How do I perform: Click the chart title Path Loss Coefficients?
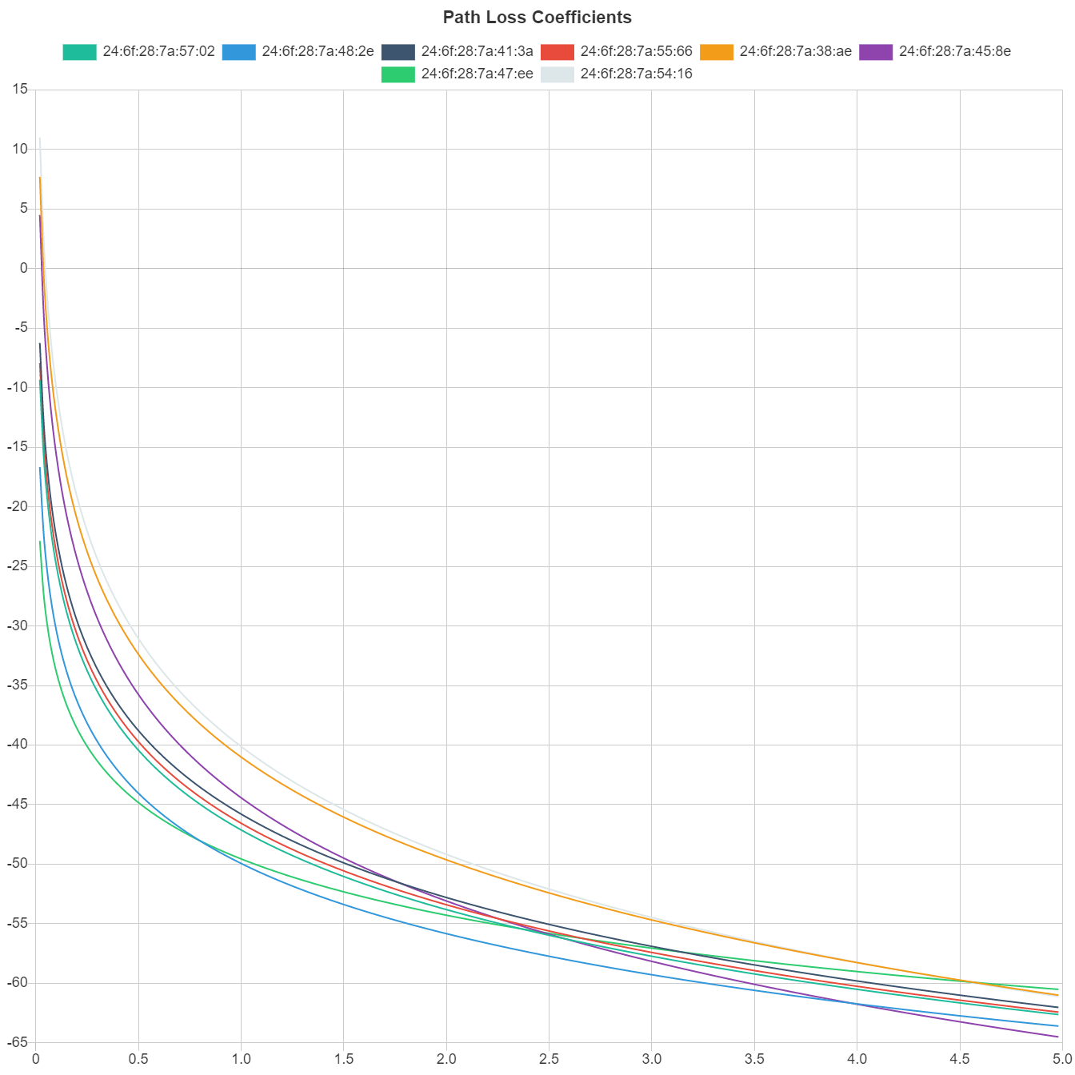537,17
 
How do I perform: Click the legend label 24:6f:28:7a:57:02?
158,51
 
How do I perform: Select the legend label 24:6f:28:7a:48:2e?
318,51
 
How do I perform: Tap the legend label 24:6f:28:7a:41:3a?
477,51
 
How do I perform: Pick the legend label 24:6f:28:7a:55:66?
636,51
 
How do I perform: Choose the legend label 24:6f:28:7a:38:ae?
795,51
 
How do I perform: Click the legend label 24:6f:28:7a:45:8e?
954,51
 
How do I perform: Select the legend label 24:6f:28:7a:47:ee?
477,74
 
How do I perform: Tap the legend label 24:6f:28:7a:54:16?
636,74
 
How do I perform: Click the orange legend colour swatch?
717,52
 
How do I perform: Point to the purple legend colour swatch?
876,52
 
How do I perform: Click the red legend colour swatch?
557,52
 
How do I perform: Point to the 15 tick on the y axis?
20,90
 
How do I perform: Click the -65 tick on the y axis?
17,1042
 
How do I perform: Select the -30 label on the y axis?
17,625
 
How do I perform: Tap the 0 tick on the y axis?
24,268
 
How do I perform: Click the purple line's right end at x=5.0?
1059,1037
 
